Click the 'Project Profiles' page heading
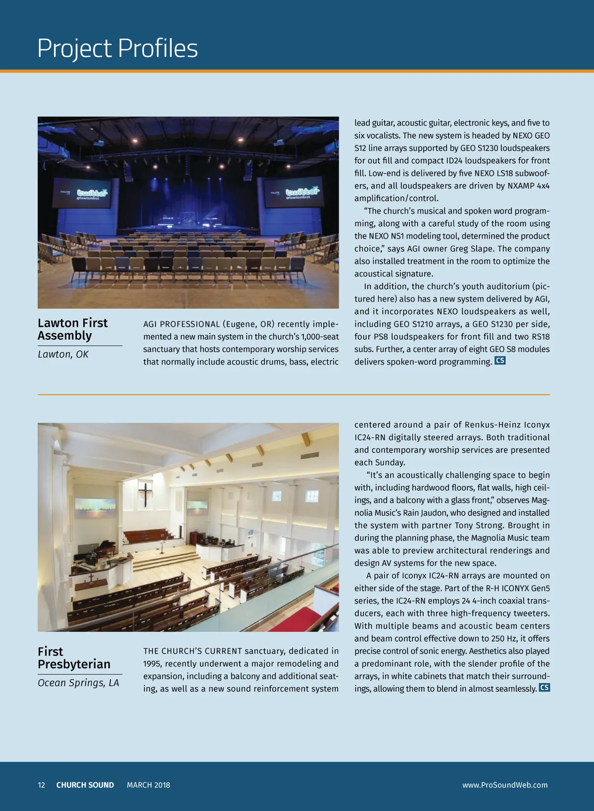(117, 49)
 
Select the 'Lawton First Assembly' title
(72, 329)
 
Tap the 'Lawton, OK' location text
(63, 355)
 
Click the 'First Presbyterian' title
(74, 658)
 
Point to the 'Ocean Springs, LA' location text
(78, 683)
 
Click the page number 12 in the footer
(41, 785)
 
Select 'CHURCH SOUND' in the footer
(85, 785)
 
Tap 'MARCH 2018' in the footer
(148, 785)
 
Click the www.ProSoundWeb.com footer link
(504, 785)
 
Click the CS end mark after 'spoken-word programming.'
(500, 361)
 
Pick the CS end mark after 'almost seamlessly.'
(544, 688)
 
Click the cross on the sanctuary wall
(146, 494)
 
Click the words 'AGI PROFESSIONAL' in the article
(181, 324)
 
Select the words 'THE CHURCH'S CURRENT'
(193, 651)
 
